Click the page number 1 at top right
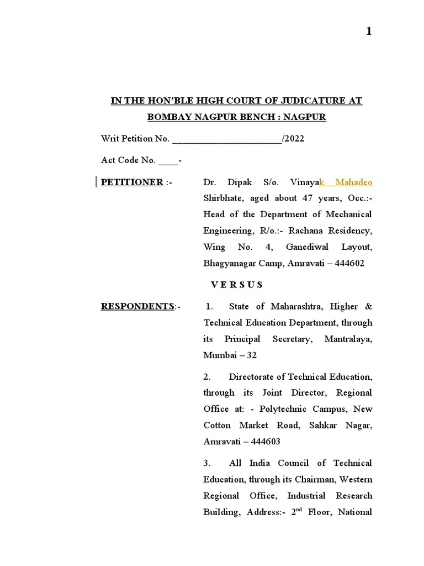[x=369, y=32]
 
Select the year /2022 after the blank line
[x=293, y=139]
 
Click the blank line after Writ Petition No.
[x=227, y=139]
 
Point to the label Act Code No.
[x=128, y=160]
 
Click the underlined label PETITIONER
[x=132, y=182]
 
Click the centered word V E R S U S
[x=237, y=285]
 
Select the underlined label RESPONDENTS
[x=137, y=306]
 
